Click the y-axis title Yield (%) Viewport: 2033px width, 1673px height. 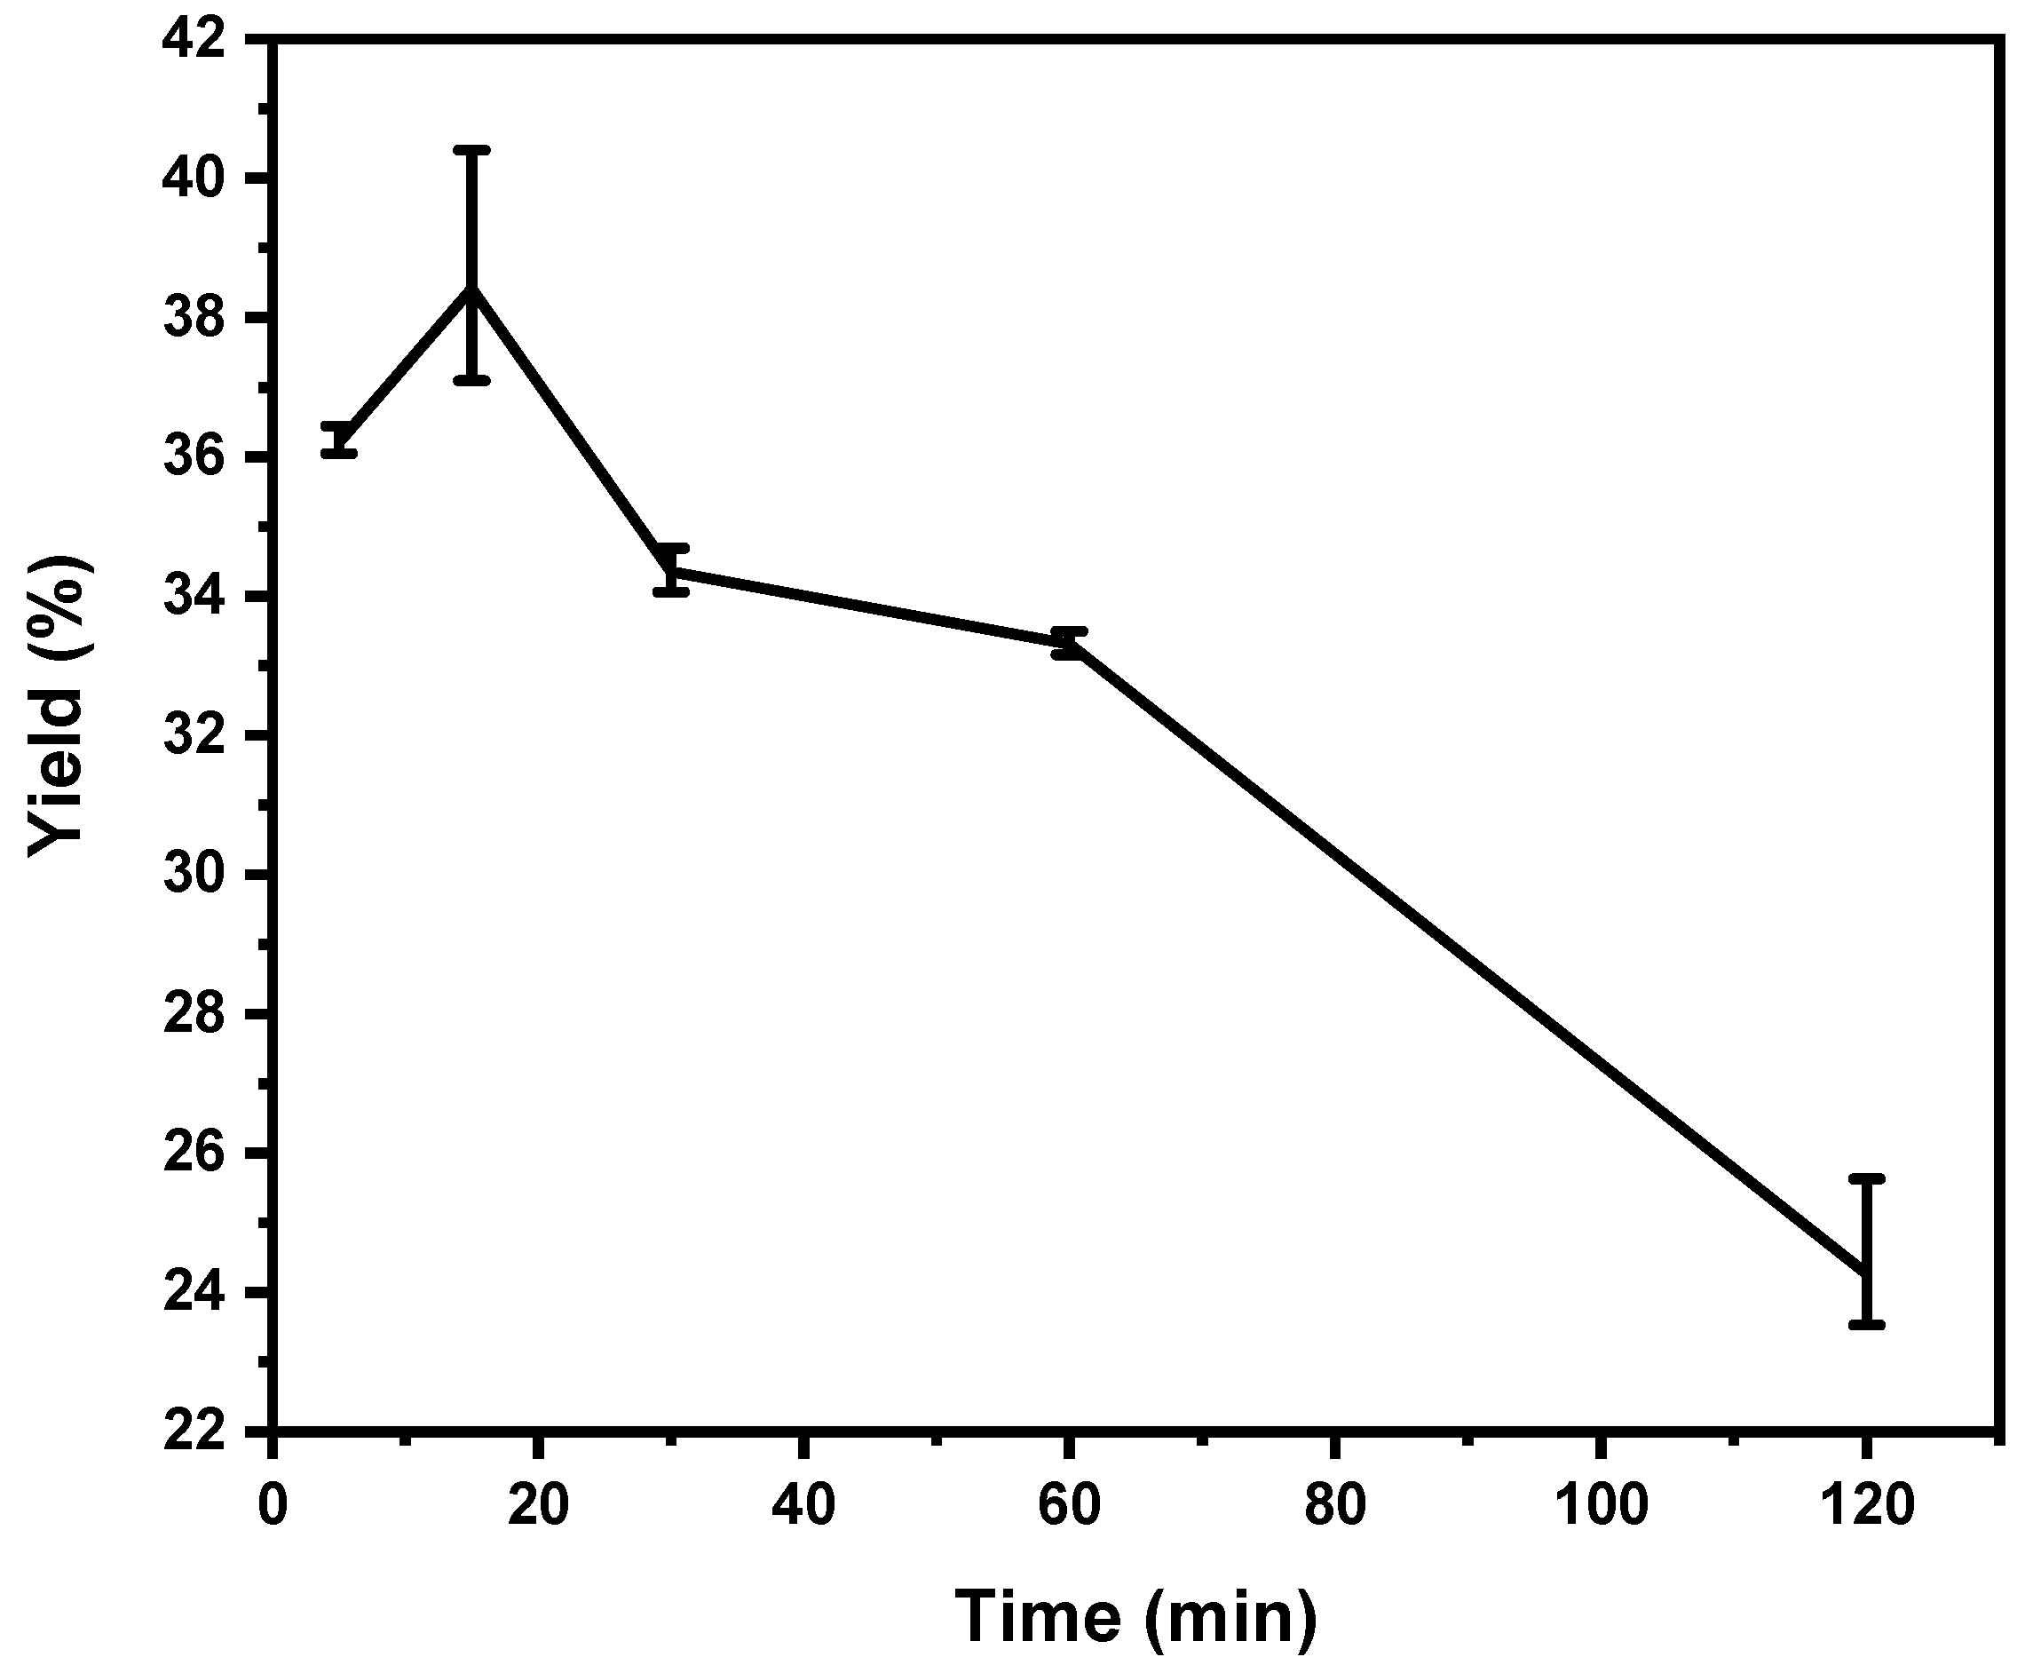pos(59,705)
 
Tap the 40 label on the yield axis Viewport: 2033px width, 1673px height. pos(196,179)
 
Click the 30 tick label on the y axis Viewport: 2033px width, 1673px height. pos(196,875)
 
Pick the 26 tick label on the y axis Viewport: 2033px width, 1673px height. pos(196,1154)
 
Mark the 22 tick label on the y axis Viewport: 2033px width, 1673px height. pos(196,1431)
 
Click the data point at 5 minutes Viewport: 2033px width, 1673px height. pos(339,440)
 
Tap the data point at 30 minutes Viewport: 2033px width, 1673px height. pos(670,570)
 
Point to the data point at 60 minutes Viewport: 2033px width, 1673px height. pos(1069,643)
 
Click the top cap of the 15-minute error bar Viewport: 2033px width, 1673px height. pos(472,150)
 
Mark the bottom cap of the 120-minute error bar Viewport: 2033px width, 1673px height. pos(1866,1325)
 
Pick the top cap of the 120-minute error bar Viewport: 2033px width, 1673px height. pos(1866,1178)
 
